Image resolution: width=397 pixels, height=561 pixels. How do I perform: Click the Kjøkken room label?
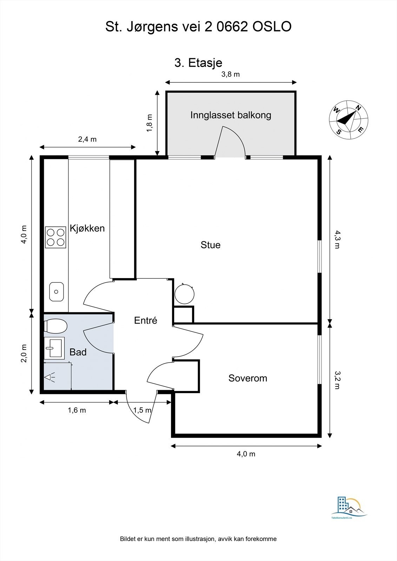pos(87,229)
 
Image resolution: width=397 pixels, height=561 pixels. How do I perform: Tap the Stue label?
pos(210,245)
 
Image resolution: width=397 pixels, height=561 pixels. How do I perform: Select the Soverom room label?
pos(247,378)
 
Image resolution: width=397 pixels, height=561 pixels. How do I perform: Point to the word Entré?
pos(145,320)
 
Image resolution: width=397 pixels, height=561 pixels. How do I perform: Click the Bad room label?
pos(78,352)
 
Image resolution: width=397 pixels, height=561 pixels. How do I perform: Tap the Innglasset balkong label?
pos(231,115)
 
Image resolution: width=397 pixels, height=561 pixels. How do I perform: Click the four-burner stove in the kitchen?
pos(55,237)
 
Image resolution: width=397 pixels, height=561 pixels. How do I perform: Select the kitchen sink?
pos(57,291)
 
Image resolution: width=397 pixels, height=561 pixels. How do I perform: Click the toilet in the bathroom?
pos(55,326)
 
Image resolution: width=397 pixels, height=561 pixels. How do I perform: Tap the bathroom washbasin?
pos(54,348)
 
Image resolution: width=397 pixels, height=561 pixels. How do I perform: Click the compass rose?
pos(348,120)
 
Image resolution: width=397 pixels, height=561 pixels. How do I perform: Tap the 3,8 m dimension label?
pos(231,74)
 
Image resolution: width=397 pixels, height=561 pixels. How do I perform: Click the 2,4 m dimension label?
pos(87,139)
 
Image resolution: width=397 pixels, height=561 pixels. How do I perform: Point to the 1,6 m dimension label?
pos(77,410)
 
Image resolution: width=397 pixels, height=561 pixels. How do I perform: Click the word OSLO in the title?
pos(272,27)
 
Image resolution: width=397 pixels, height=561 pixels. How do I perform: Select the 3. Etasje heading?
pos(198,63)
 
